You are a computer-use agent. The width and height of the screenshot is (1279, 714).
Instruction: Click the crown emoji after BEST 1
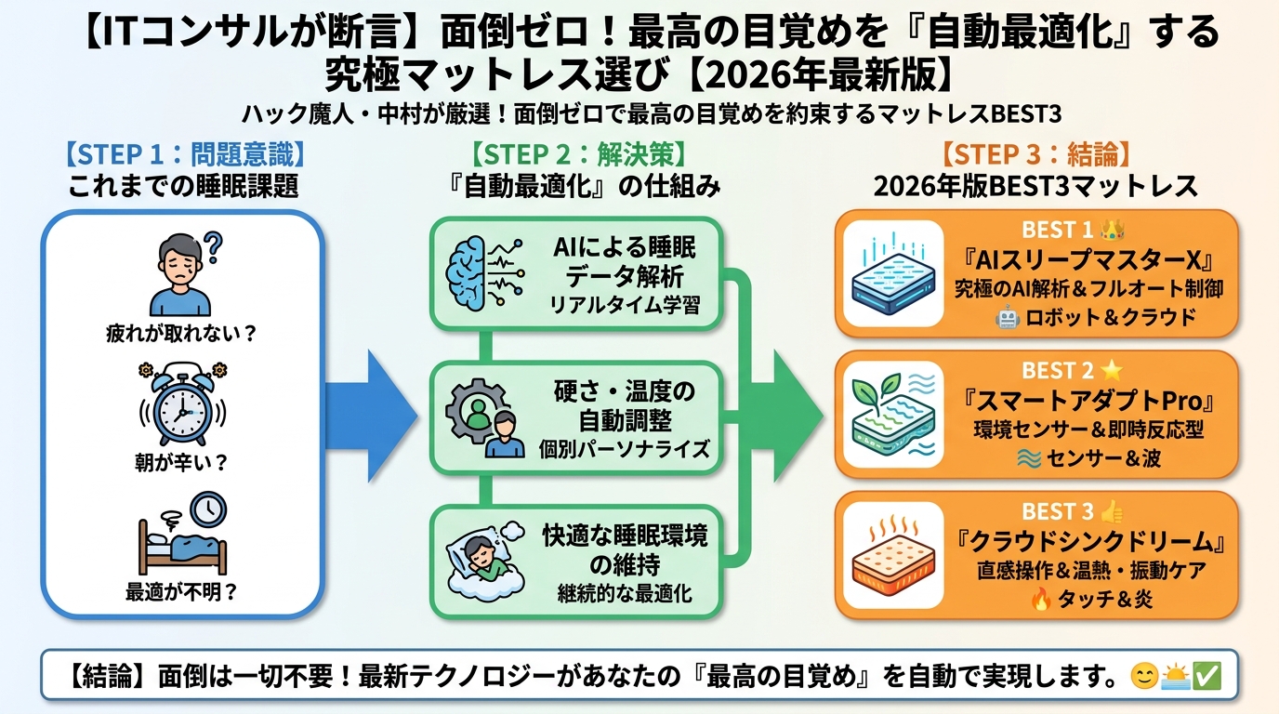coord(1113,229)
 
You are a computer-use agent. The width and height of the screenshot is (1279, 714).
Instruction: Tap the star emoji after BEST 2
coord(1113,370)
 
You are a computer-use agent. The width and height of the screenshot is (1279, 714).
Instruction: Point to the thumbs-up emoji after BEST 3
coord(1113,511)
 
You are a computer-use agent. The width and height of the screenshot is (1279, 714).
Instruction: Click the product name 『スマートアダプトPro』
coord(1088,403)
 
